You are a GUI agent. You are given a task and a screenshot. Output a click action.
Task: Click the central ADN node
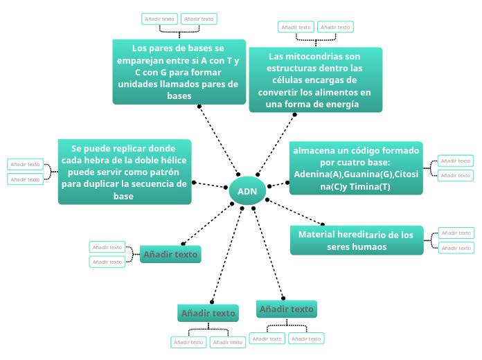pos(247,191)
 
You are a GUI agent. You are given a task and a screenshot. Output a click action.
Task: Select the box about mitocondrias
pos(315,80)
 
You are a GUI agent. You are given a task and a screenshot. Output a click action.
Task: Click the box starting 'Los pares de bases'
pos(179,71)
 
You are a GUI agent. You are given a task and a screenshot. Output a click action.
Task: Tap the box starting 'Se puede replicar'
pos(125,172)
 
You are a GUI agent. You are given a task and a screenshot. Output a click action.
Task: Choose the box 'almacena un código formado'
pos(356,168)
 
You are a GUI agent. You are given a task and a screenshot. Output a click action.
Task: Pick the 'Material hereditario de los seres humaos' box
pos(356,240)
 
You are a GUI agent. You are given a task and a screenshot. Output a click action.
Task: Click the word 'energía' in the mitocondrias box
pos(339,105)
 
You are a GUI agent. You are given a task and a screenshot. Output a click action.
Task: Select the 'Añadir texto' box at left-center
pos(170,254)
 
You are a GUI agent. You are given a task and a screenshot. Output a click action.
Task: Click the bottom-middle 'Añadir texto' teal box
pos(208,313)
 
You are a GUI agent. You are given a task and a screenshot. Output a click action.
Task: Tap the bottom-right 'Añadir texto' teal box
pos(286,309)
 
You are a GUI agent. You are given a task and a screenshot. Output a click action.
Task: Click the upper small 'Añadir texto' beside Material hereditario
pos(456,233)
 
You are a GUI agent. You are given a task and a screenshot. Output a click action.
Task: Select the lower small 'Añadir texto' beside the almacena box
pos(456,175)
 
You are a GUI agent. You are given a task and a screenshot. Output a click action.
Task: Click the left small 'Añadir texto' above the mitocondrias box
pos(296,27)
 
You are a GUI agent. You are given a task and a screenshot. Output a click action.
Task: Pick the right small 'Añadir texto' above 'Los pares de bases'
pos(199,19)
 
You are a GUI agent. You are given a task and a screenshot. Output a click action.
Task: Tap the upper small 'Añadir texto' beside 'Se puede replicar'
pos(25,164)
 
